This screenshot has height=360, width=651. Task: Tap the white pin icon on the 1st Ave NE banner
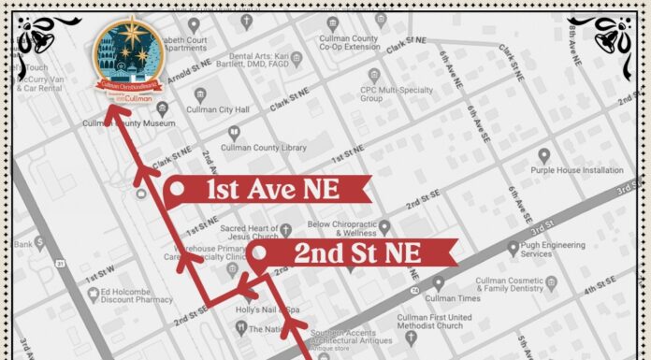point(175,192)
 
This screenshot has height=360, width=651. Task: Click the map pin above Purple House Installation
point(544,155)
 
